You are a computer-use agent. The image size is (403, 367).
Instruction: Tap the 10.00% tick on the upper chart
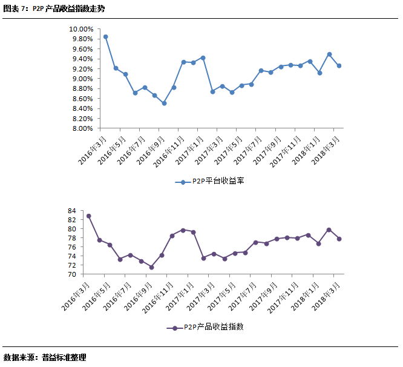80,29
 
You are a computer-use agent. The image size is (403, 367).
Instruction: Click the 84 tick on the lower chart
71,211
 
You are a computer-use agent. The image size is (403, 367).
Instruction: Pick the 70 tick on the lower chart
71,274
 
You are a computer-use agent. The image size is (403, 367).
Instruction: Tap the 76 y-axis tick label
71,247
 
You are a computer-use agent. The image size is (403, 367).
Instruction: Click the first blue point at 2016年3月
106,36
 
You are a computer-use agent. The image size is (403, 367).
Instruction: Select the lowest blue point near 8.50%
164,104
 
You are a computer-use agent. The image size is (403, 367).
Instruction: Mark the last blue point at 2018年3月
339,66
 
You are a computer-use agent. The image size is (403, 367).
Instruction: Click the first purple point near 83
89,216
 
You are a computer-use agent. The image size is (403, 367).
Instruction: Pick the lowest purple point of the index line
151,267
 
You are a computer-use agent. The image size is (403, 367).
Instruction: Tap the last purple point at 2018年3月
339,239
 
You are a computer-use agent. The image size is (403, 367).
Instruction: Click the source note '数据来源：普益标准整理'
45,357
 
